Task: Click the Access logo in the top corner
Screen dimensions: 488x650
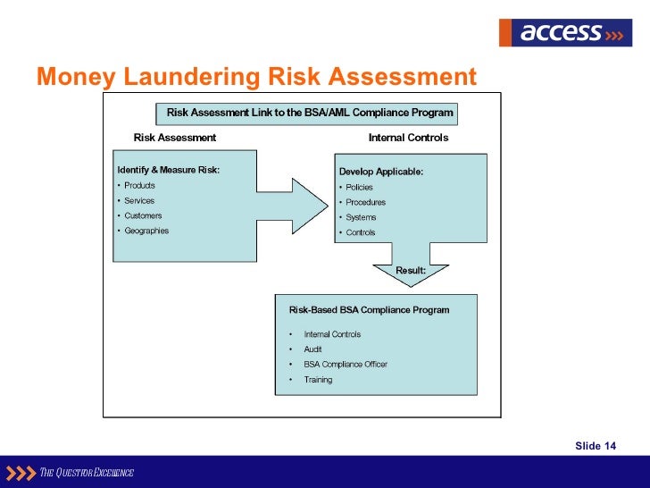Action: pos(564,32)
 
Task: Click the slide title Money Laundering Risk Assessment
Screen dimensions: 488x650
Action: pos(257,78)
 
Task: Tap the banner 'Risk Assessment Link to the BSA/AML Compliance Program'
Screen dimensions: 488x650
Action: pos(310,113)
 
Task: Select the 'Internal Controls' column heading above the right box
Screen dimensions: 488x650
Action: pos(408,138)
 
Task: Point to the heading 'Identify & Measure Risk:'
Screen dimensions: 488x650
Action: pos(169,170)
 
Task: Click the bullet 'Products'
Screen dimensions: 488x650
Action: pos(139,186)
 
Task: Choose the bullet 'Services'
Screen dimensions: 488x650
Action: pos(139,201)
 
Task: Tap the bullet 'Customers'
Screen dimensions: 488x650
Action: pos(143,215)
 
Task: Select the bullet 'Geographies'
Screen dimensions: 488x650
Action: pos(146,231)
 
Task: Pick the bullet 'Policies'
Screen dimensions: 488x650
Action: pos(359,188)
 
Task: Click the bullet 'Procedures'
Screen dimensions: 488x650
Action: pos(366,203)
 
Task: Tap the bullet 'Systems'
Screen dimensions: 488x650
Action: pos(361,217)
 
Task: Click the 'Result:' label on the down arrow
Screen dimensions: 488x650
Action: pos(411,270)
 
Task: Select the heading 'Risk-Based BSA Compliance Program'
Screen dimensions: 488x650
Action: pos(369,310)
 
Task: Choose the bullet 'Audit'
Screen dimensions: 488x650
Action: pos(312,349)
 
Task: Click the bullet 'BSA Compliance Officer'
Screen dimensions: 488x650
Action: pos(346,365)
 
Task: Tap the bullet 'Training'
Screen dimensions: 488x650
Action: pos(318,380)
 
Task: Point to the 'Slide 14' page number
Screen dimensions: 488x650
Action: pos(596,446)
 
